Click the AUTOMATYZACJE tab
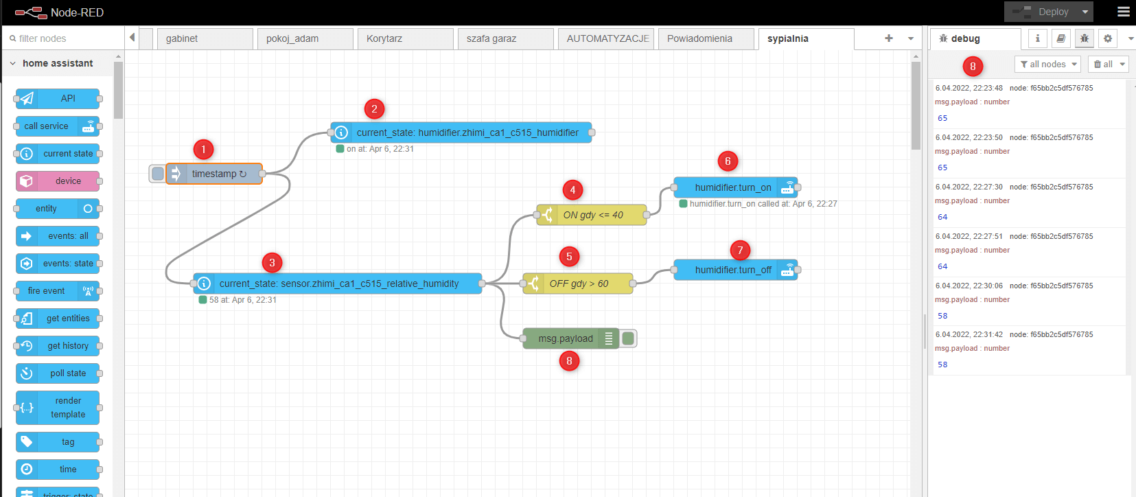607,38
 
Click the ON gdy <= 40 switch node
592,215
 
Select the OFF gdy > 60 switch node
579,284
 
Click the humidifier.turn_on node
732,187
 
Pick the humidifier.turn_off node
732,270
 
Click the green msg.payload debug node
565,338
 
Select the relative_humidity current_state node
338,284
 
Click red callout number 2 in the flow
374,109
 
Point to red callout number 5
569,257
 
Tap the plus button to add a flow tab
889,38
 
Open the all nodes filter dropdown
1047,64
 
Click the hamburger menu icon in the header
1124,12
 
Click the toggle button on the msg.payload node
628,338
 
